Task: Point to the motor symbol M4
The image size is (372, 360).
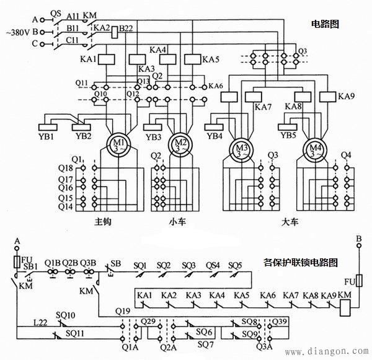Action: pos(316,149)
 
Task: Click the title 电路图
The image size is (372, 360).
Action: pos(326,24)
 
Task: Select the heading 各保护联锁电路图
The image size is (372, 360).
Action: pos(301,262)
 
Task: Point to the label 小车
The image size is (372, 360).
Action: pos(177,222)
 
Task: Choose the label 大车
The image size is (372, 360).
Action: pos(290,222)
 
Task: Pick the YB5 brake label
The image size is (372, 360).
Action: pos(288,136)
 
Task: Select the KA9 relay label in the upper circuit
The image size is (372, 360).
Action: pos(347,96)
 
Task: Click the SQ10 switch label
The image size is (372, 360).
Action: pos(66,315)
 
